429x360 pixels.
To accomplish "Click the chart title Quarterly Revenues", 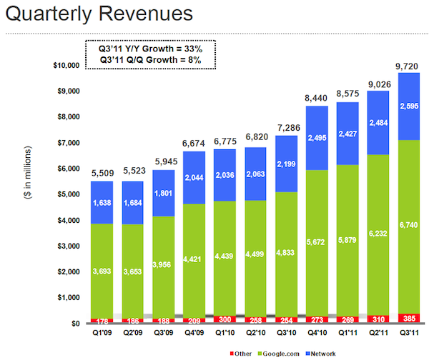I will coord(100,14).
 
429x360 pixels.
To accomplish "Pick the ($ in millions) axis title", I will coord(30,193).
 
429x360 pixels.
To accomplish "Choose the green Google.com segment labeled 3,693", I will coord(101,271).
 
